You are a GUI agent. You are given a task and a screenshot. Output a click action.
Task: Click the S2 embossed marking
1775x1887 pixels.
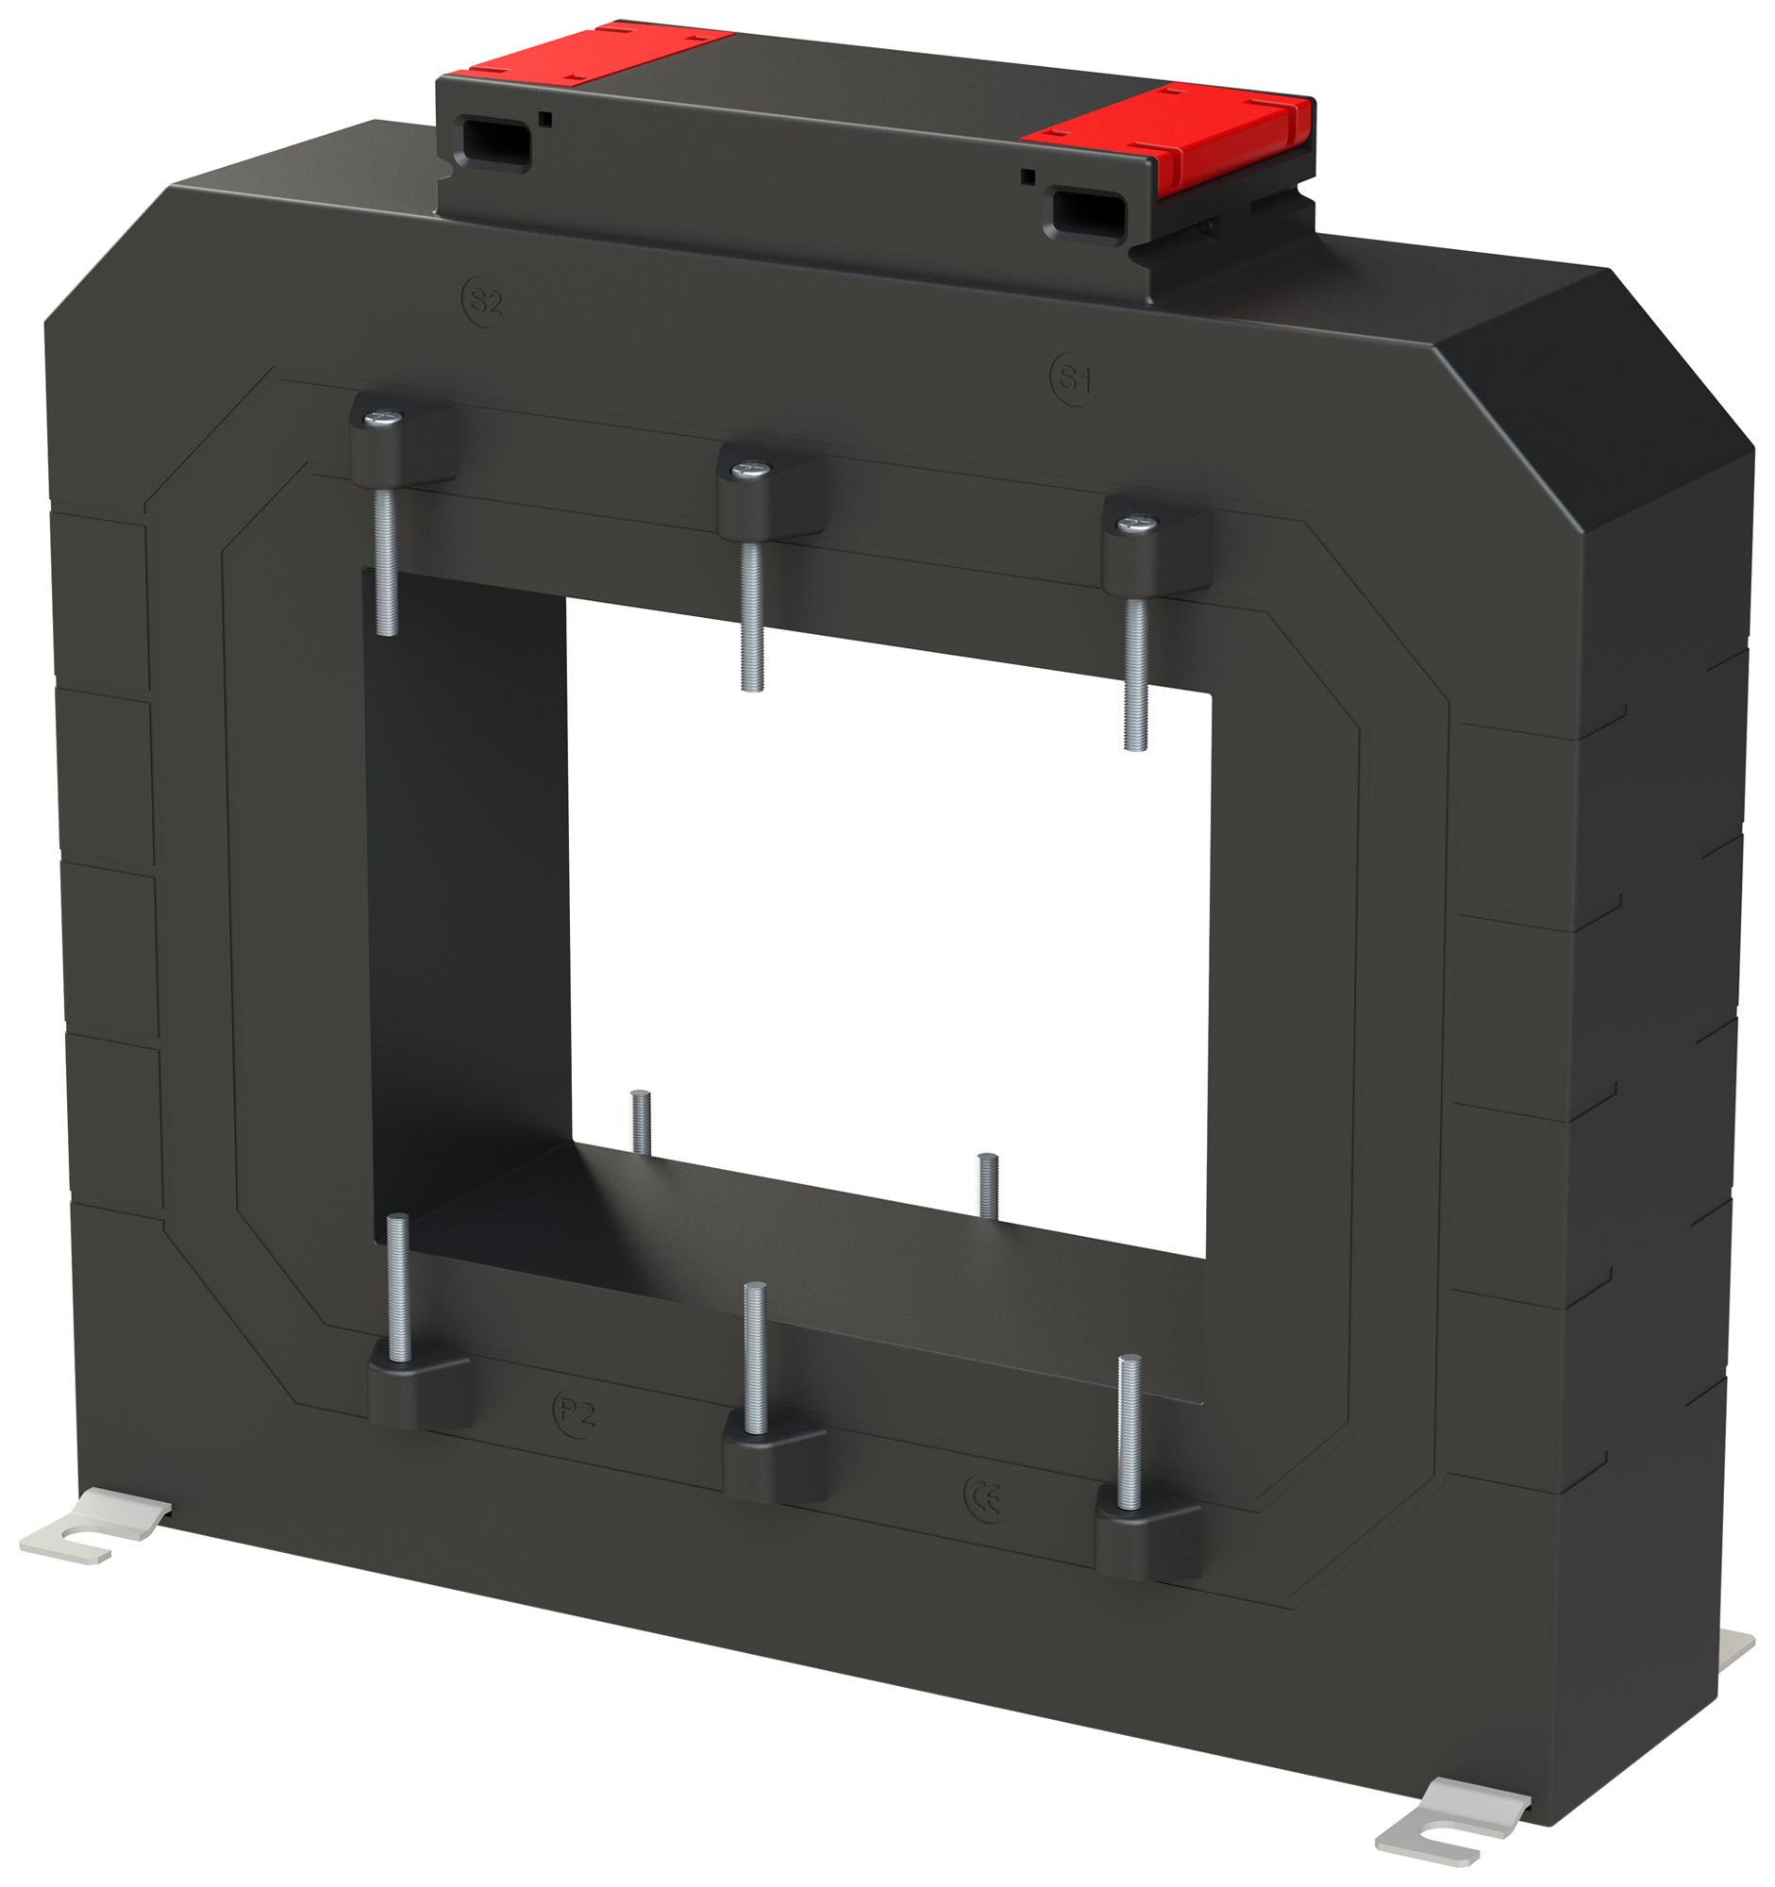(483, 302)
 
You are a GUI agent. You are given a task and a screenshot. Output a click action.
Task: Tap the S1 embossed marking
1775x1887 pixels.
(1073, 379)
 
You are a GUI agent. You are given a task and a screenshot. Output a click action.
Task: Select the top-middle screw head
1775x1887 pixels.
(751, 469)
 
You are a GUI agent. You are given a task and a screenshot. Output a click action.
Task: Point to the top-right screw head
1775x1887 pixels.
(1136, 523)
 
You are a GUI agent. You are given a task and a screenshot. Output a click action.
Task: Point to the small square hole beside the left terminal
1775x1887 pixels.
(545, 119)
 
